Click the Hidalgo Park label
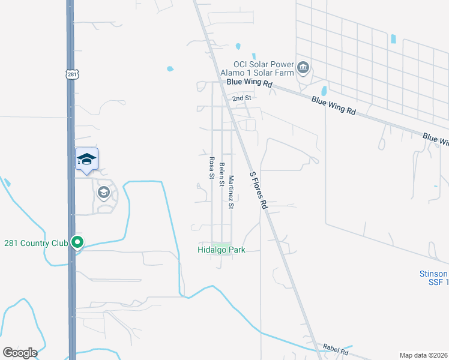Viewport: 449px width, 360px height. [x=221, y=250]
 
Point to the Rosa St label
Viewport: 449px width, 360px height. [x=211, y=169]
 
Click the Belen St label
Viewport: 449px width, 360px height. [x=221, y=175]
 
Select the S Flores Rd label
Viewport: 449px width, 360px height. [x=258, y=188]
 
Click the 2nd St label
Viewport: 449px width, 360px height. [x=241, y=98]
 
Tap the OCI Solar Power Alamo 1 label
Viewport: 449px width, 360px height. [x=264, y=68]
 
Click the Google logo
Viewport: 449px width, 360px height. [x=20, y=352]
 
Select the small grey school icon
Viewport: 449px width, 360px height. [x=103, y=193]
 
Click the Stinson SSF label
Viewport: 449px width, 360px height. [x=433, y=278]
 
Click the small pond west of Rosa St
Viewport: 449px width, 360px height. [x=170, y=68]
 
